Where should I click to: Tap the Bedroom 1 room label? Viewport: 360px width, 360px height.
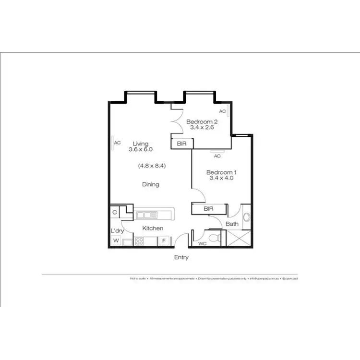(x=221, y=172)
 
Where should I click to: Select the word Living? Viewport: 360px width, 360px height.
(x=141, y=144)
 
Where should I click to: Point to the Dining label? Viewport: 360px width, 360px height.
(x=150, y=184)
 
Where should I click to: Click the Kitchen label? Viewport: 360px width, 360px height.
(x=153, y=228)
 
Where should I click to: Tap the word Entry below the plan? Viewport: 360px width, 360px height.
(x=181, y=258)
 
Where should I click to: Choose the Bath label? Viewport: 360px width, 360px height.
(x=232, y=224)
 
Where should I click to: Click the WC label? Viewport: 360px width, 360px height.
(x=203, y=244)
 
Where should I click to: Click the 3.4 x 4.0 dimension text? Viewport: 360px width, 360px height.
(x=221, y=178)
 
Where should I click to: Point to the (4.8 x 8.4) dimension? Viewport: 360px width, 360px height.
(x=152, y=166)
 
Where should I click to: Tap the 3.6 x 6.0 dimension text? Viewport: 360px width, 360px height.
(x=141, y=149)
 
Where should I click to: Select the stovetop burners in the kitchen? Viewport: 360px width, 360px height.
(x=140, y=241)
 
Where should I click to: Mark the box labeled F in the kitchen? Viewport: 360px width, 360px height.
(x=164, y=241)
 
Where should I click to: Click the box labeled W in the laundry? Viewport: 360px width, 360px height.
(x=116, y=241)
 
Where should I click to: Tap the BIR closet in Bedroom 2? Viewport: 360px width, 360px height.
(x=182, y=143)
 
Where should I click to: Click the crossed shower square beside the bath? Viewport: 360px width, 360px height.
(x=238, y=238)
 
